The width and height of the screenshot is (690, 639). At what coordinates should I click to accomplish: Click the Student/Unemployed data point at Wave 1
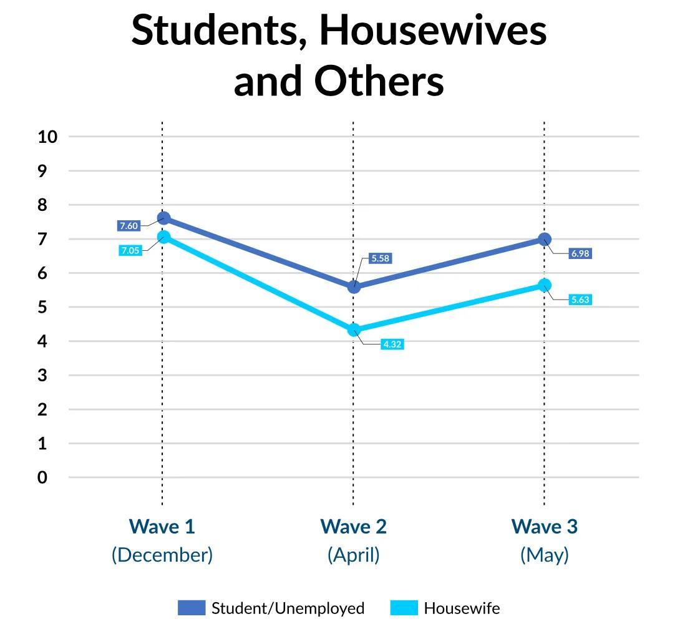[163, 218]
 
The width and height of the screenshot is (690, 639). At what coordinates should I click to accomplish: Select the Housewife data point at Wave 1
[163, 237]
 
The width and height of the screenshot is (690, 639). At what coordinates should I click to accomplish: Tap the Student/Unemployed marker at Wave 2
[354, 286]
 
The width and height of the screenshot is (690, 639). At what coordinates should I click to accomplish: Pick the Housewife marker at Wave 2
[354, 329]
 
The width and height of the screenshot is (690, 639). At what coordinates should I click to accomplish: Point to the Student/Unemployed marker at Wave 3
[544, 239]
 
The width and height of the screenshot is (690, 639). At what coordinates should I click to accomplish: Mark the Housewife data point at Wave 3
[544, 285]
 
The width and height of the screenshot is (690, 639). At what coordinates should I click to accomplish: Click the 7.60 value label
[129, 226]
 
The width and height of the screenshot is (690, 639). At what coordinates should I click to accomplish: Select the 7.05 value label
[130, 250]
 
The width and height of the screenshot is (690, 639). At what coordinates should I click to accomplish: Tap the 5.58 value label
[380, 258]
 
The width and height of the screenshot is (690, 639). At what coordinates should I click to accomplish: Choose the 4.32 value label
[392, 344]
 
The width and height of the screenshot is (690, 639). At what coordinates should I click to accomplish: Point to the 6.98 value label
[580, 253]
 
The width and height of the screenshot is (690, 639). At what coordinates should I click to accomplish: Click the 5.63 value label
[580, 300]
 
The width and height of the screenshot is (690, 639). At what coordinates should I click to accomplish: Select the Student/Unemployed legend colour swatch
[191, 608]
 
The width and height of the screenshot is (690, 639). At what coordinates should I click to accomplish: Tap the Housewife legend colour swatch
[404, 608]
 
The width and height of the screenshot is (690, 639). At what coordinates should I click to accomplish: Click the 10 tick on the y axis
[47, 137]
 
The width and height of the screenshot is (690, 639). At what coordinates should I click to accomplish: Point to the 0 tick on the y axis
[42, 477]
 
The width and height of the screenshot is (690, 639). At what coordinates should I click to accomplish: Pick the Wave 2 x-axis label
[353, 527]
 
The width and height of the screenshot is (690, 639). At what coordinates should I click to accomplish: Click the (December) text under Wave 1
[162, 555]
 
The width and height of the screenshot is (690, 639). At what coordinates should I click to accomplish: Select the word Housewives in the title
[433, 31]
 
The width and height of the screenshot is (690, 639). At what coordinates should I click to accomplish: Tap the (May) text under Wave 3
[544, 555]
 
